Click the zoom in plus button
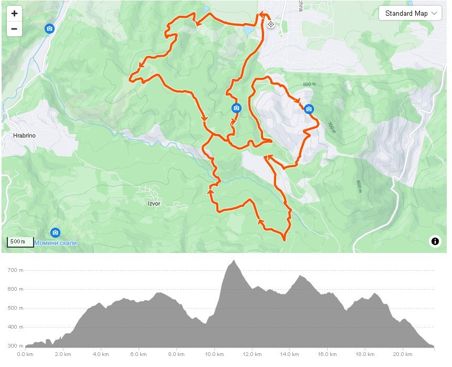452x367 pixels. click(14, 14)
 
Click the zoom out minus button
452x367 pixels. click(14, 29)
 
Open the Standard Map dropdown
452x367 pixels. click(410, 13)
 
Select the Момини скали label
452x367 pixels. click(56, 243)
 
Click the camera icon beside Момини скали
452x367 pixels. click(55, 232)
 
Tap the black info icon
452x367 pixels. click(435, 241)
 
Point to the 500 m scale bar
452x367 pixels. click(20, 242)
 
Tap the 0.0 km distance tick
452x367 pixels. click(25, 354)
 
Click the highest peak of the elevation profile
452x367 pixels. click(233, 261)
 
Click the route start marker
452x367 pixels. click(271, 24)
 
